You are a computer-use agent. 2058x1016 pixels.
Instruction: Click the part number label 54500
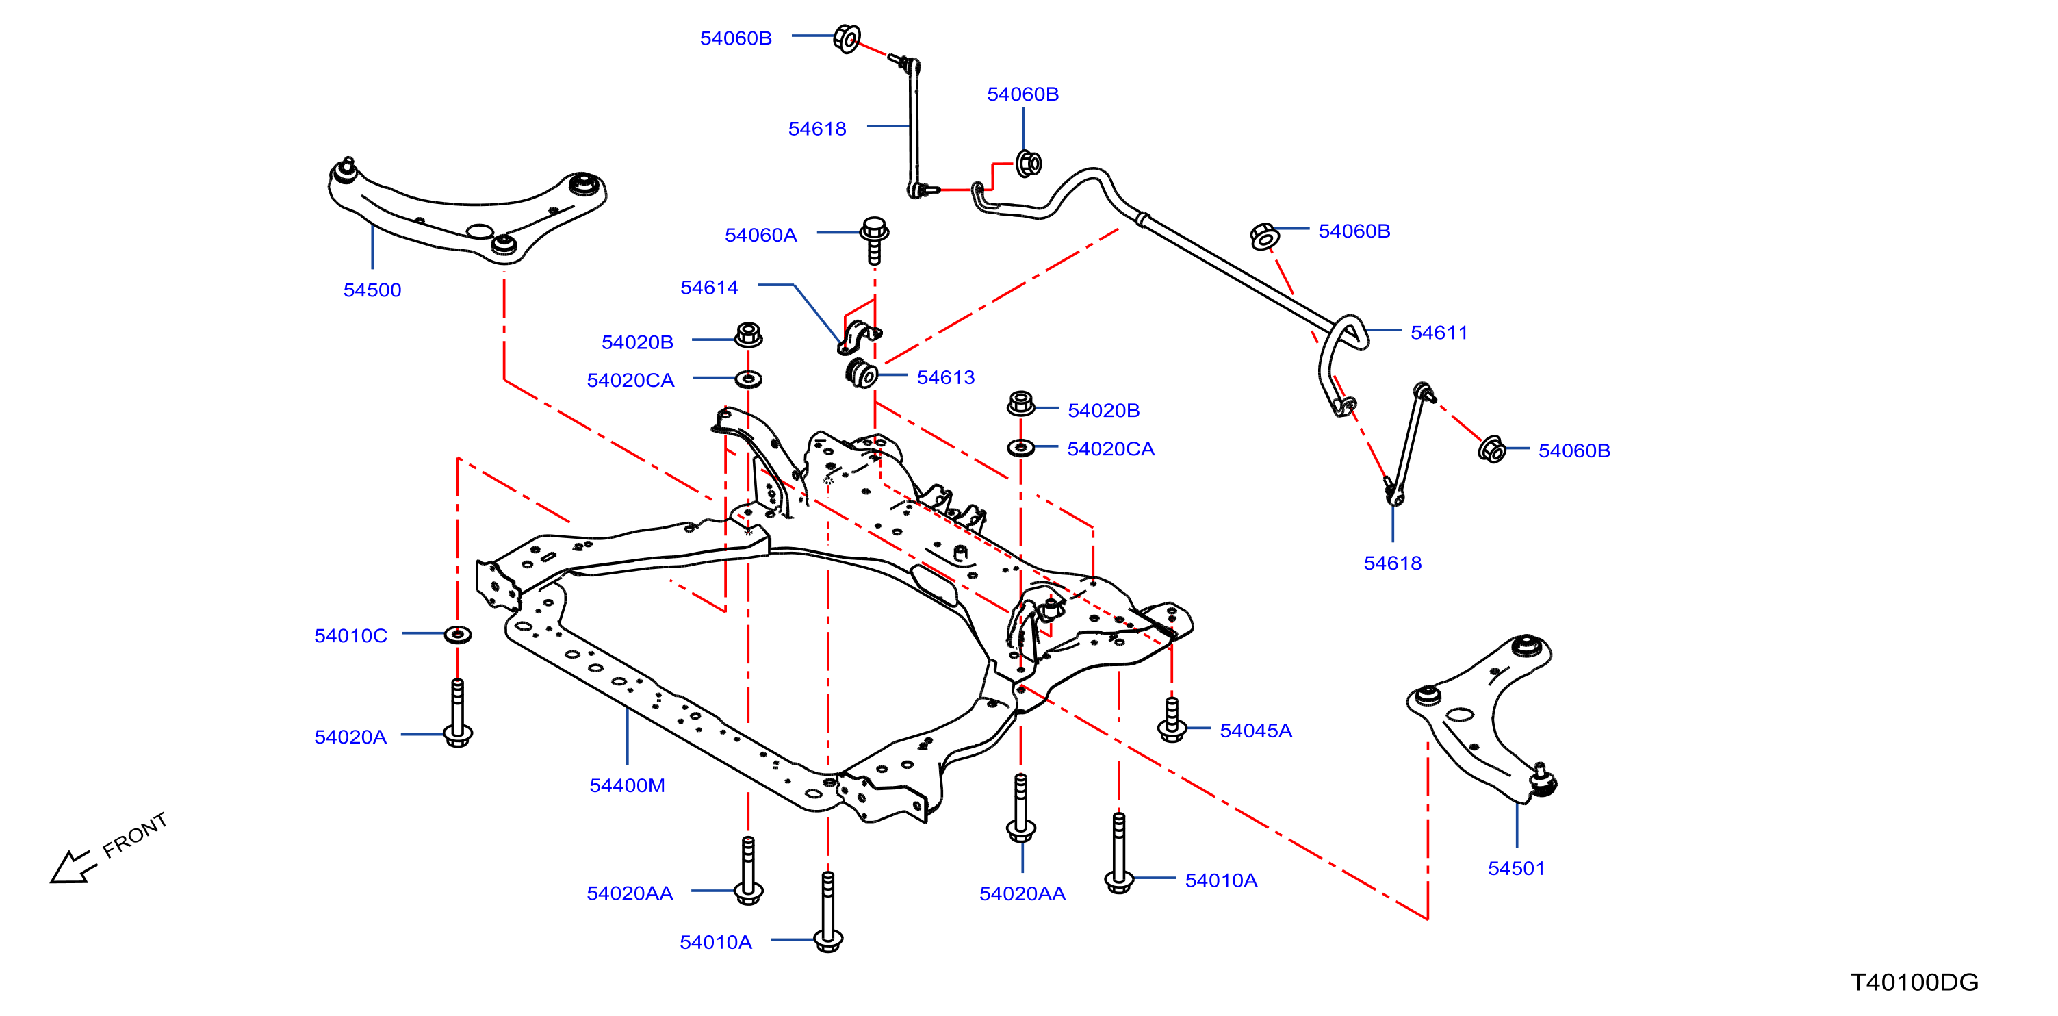point(372,290)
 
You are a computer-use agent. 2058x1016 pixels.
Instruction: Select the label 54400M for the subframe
point(627,786)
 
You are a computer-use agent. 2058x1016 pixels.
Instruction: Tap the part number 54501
point(1517,868)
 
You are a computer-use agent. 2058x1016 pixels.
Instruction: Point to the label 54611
point(1439,333)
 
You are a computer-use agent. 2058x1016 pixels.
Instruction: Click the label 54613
point(946,377)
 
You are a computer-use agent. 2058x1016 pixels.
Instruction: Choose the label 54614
point(708,288)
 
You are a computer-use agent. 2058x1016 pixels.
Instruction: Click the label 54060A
point(760,235)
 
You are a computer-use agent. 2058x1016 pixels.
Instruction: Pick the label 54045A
point(1256,731)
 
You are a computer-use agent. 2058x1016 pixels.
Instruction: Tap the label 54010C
point(350,636)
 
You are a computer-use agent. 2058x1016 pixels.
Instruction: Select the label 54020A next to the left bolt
point(350,737)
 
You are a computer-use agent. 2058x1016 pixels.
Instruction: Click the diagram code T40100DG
point(1914,982)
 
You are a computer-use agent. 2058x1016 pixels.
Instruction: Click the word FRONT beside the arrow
point(135,835)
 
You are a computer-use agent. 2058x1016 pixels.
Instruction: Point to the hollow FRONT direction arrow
point(72,867)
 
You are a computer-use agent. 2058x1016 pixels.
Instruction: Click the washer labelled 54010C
point(457,635)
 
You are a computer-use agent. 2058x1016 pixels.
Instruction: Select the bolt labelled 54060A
point(874,239)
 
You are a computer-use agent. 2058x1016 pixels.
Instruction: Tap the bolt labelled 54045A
point(1172,720)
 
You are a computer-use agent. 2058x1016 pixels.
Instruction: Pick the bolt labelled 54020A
point(458,713)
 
